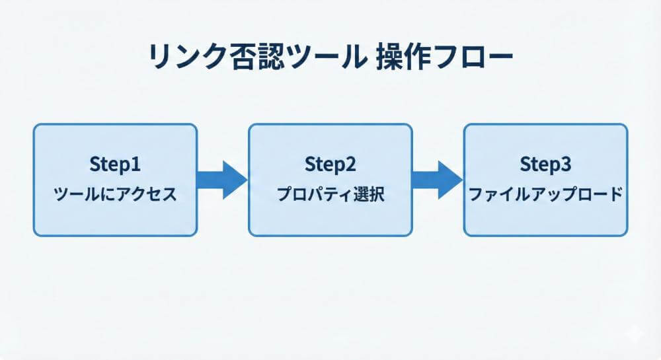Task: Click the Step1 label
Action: [x=115, y=163]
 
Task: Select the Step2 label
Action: [x=330, y=163]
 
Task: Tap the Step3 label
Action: [x=545, y=163]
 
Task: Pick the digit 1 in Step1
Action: [x=137, y=163]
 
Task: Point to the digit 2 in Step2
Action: [x=352, y=163]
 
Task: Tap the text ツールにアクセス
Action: [x=115, y=196]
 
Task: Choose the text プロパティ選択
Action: [x=330, y=196]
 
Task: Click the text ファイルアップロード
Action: [x=545, y=196]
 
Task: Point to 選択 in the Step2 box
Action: [x=369, y=196]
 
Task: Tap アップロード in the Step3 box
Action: [x=572, y=196]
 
